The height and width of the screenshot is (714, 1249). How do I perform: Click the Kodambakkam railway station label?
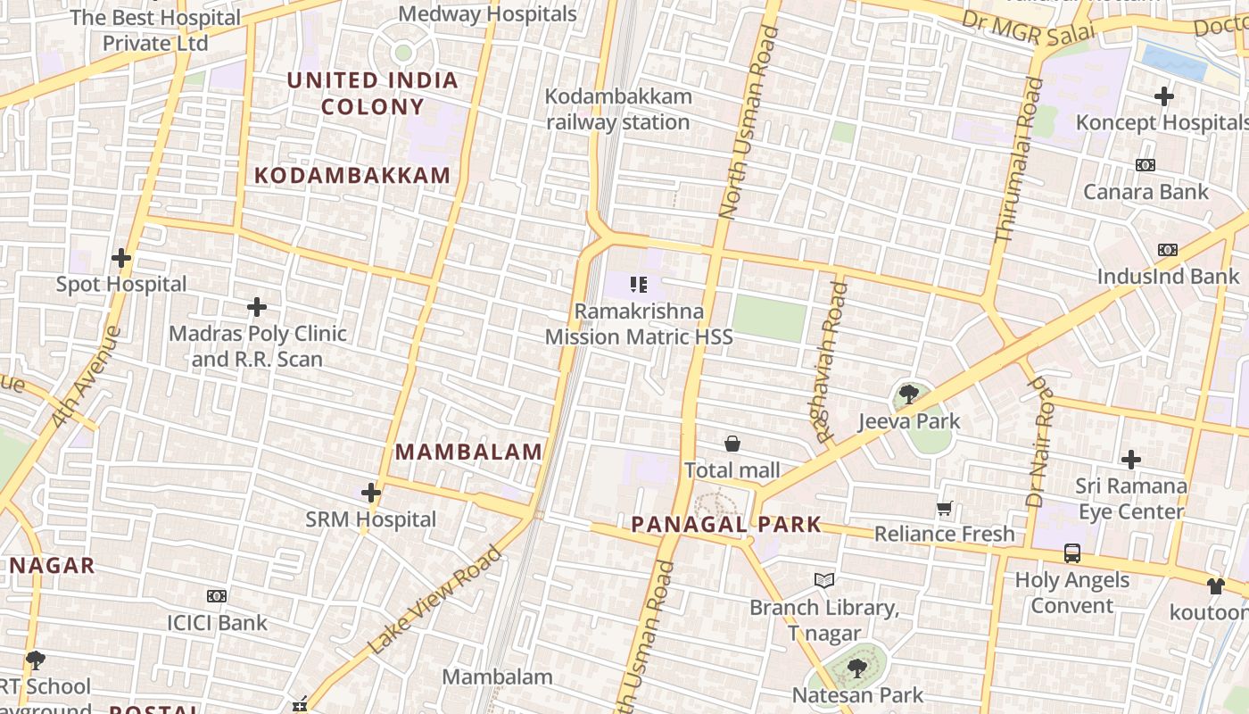click(x=618, y=109)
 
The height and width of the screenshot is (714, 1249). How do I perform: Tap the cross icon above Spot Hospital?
click(x=120, y=259)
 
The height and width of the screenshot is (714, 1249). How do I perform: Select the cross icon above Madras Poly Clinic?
click(x=257, y=308)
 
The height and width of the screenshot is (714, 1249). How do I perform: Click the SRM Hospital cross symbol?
click(x=371, y=493)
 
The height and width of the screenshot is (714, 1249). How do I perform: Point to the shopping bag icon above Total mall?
click(x=732, y=444)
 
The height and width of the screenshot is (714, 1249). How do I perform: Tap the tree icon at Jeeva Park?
click(x=908, y=394)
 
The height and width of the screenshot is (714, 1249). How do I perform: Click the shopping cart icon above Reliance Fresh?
click(x=945, y=509)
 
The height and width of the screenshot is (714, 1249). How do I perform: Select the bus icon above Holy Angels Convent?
click(x=1072, y=553)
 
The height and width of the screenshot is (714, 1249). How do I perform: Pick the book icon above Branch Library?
click(x=824, y=581)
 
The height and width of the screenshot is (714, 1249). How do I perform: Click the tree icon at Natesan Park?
click(x=856, y=668)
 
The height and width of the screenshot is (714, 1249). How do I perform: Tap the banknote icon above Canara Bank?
click(x=1146, y=165)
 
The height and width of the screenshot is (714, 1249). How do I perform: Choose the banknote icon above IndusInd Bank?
click(x=1167, y=250)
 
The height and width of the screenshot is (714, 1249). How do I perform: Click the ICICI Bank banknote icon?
click(x=217, y=595)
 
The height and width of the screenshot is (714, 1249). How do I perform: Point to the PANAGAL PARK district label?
click(x=726, y=524)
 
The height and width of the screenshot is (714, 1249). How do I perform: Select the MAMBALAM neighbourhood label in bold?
click(x=469, y=452)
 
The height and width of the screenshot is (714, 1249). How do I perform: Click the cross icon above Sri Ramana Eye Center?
click(x=1131, y=460)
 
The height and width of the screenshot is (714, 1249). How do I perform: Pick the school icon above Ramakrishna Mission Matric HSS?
click(x=638, y=285)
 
